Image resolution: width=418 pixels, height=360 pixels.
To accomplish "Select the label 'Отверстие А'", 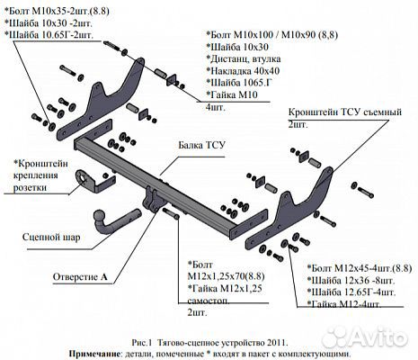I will coord(79,275).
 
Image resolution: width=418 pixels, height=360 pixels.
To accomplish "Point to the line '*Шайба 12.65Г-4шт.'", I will coord(346,292).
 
